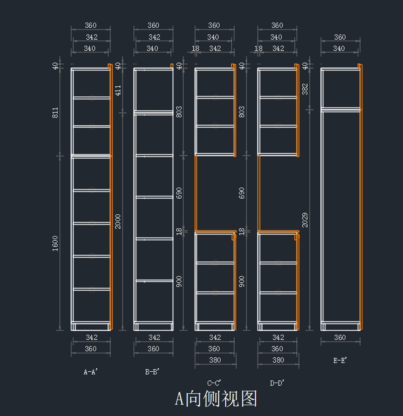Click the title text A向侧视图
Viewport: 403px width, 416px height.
[216, 399]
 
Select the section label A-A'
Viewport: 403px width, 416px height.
[90, 372]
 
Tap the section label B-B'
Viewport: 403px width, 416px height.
[152, 372]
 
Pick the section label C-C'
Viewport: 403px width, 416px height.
[214, 383]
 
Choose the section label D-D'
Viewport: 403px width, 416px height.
[277, 383]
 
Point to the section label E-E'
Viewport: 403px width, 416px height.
[340, 360]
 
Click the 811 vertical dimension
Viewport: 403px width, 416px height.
[55, 112]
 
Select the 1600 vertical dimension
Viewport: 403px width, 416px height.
[55, 243]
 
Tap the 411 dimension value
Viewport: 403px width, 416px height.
[118, 90]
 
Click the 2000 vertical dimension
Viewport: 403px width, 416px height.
[118, 221]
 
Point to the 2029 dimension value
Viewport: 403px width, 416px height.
[305, 220]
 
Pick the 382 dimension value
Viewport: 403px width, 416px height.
[305, 89]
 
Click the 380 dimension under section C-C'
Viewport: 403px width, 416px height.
[215, 360]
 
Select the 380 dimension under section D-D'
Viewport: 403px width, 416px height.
[278, 360]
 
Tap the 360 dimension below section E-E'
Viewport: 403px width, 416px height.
[340, 337]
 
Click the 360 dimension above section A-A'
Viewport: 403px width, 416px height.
[91, 25]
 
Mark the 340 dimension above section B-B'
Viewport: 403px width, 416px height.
[152, 48]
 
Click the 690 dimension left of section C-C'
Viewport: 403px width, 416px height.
[179, 193]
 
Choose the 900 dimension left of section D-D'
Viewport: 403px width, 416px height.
[242, 281]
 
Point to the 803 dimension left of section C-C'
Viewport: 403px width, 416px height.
[179, 112]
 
